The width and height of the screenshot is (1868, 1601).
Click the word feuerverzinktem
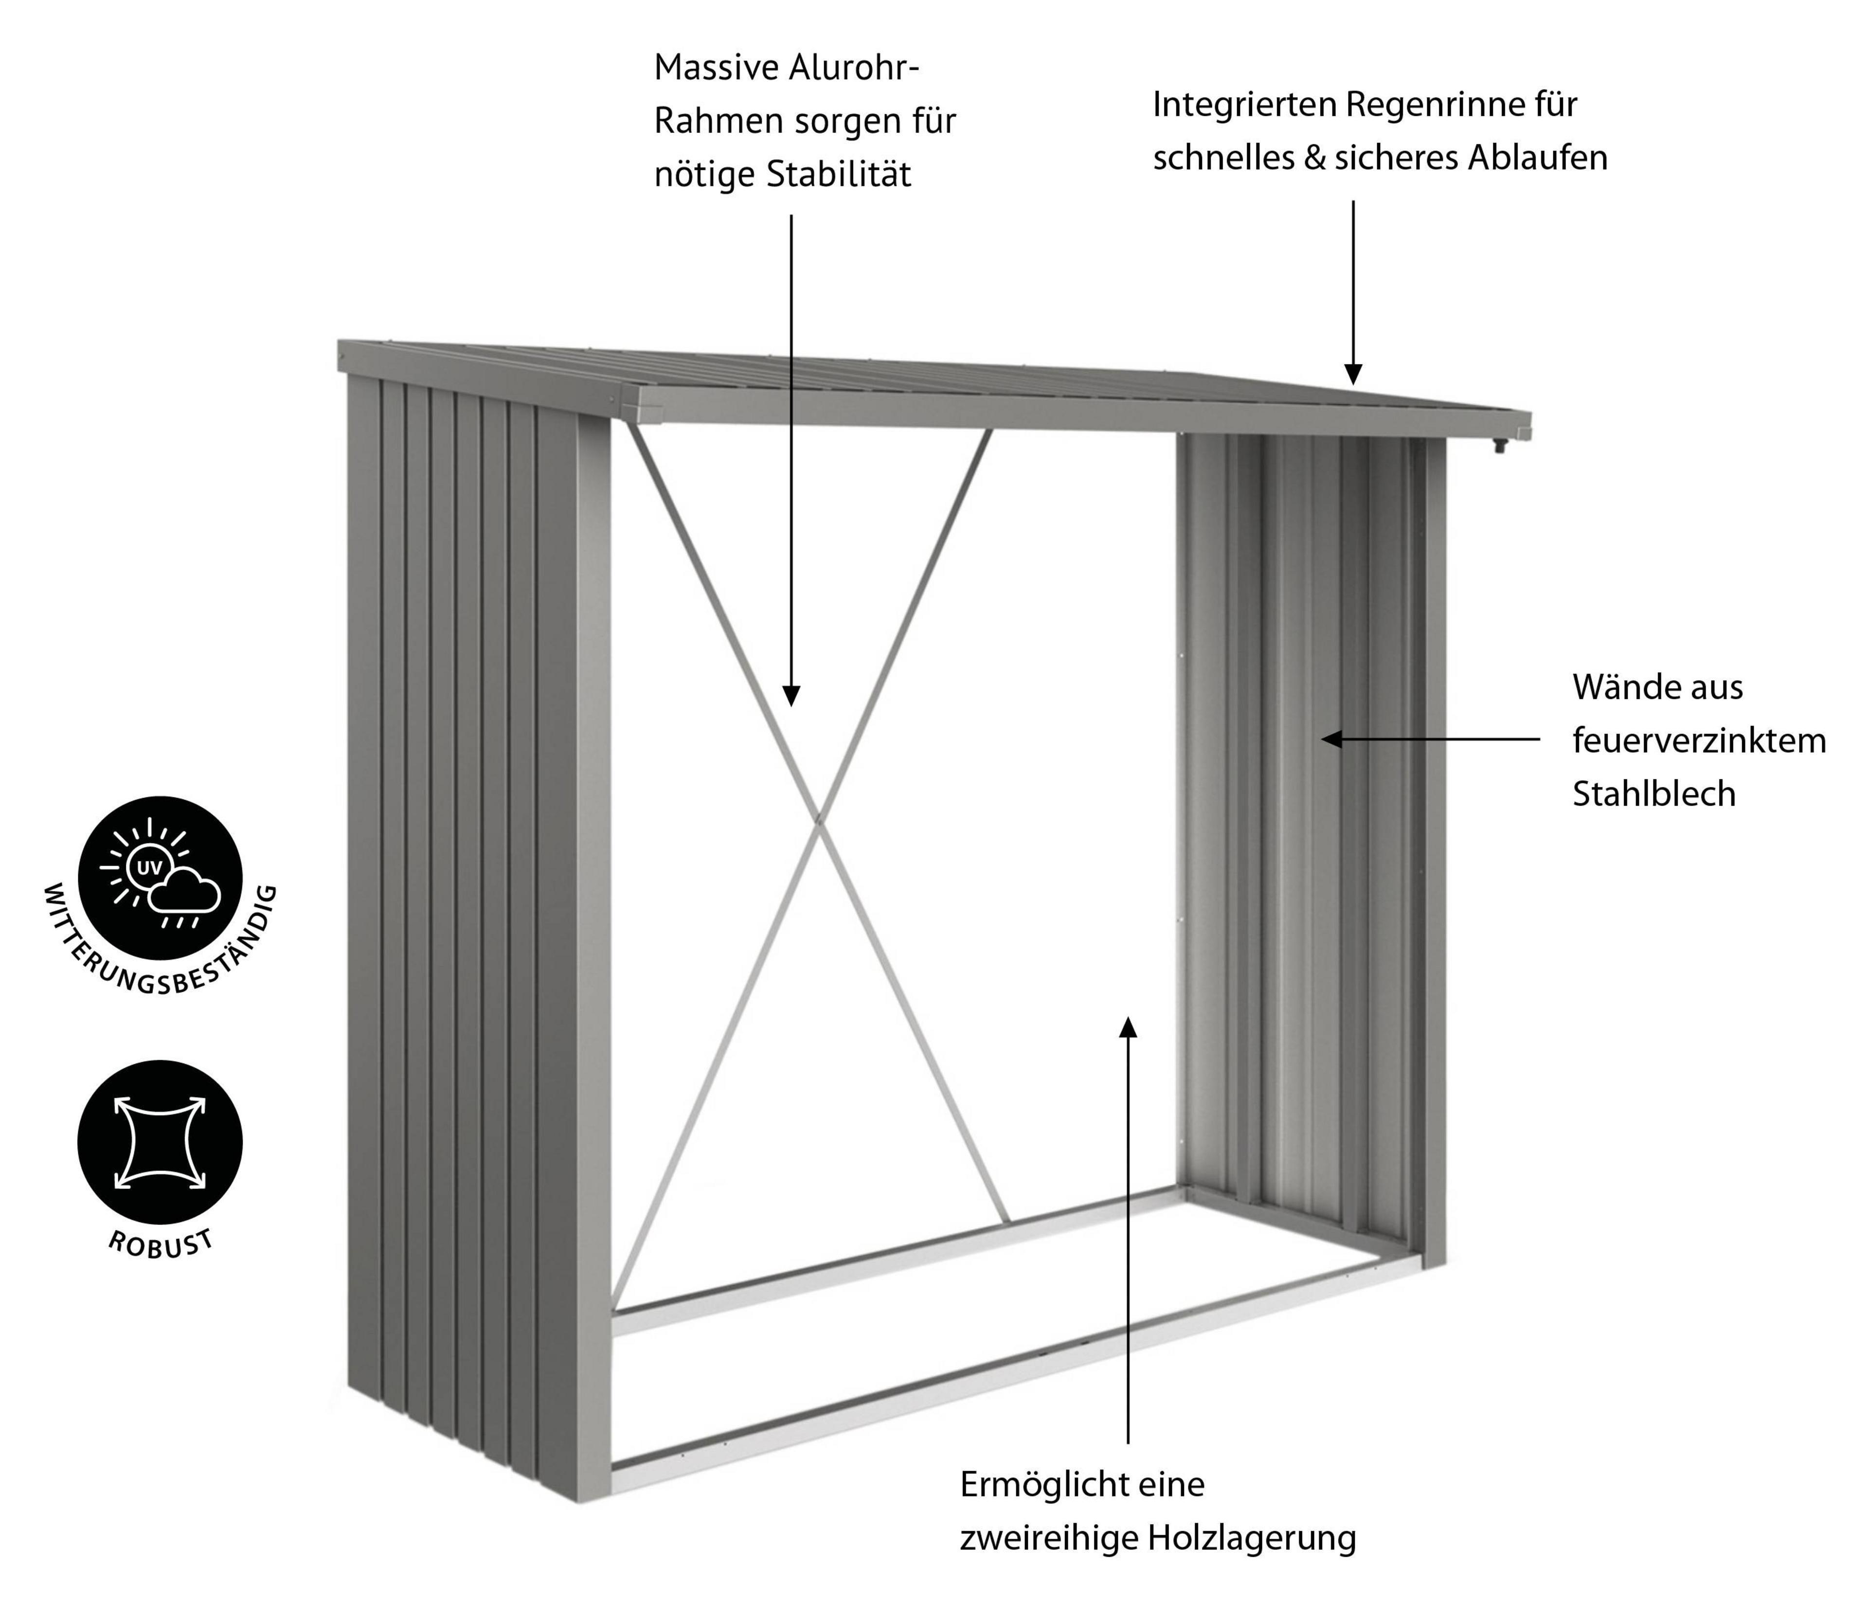pyautogui.click(x=1699, y=741)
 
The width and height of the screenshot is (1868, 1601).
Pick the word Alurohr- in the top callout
pyautogui.click(x=855, y=68)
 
